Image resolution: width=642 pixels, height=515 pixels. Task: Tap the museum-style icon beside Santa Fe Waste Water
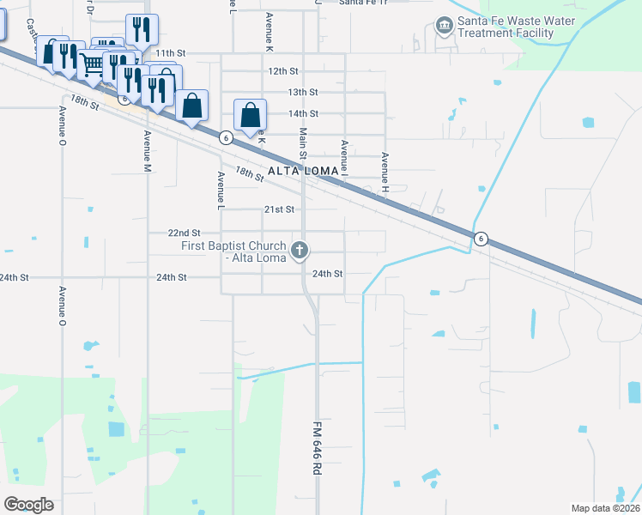coord(444,26)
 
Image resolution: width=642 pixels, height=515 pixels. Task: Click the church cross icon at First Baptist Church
coord(300,251)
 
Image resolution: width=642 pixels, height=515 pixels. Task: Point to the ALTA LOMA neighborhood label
coord(299,172)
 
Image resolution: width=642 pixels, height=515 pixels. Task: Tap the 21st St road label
coord(279,209)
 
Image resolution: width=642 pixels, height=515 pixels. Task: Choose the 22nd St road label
coord(184,233)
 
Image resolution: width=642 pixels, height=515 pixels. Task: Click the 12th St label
coord(282,71)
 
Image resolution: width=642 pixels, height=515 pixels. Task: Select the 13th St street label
coord(303,92)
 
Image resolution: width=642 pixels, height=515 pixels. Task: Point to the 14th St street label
coord(303,113)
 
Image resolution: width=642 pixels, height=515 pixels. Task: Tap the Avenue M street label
coord(148,150)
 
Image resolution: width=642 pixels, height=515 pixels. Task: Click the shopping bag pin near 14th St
coord(250,115)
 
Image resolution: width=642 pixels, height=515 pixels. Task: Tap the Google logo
coord(28,504)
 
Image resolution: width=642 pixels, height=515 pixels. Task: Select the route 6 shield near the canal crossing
coord(481,239)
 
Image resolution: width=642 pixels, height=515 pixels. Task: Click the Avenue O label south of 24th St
coord(63,303)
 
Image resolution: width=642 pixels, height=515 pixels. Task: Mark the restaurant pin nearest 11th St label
coord(142,30)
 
